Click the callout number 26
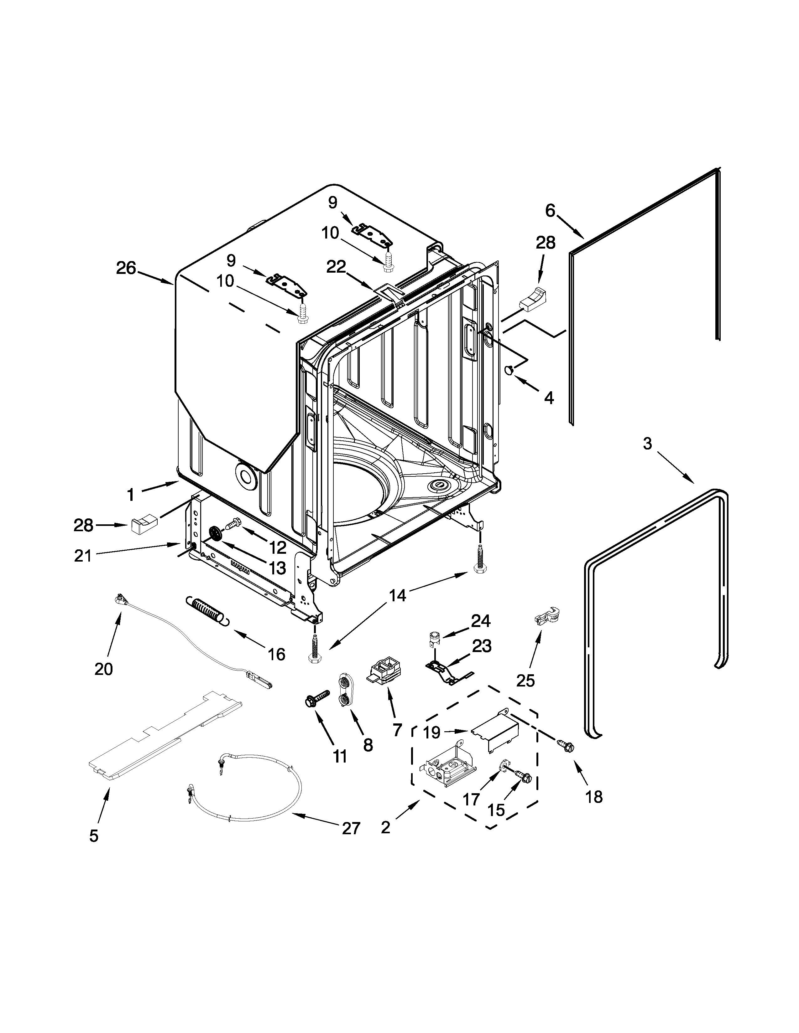(x=126, y=268)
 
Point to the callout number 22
(x=336, y=267)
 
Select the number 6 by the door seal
(x=550, y=210)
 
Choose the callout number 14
(x=398, y=595)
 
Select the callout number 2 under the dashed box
(x=385, y=828)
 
